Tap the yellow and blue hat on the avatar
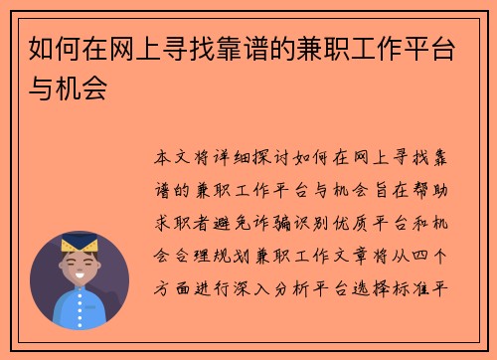80,242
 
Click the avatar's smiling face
81,266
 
